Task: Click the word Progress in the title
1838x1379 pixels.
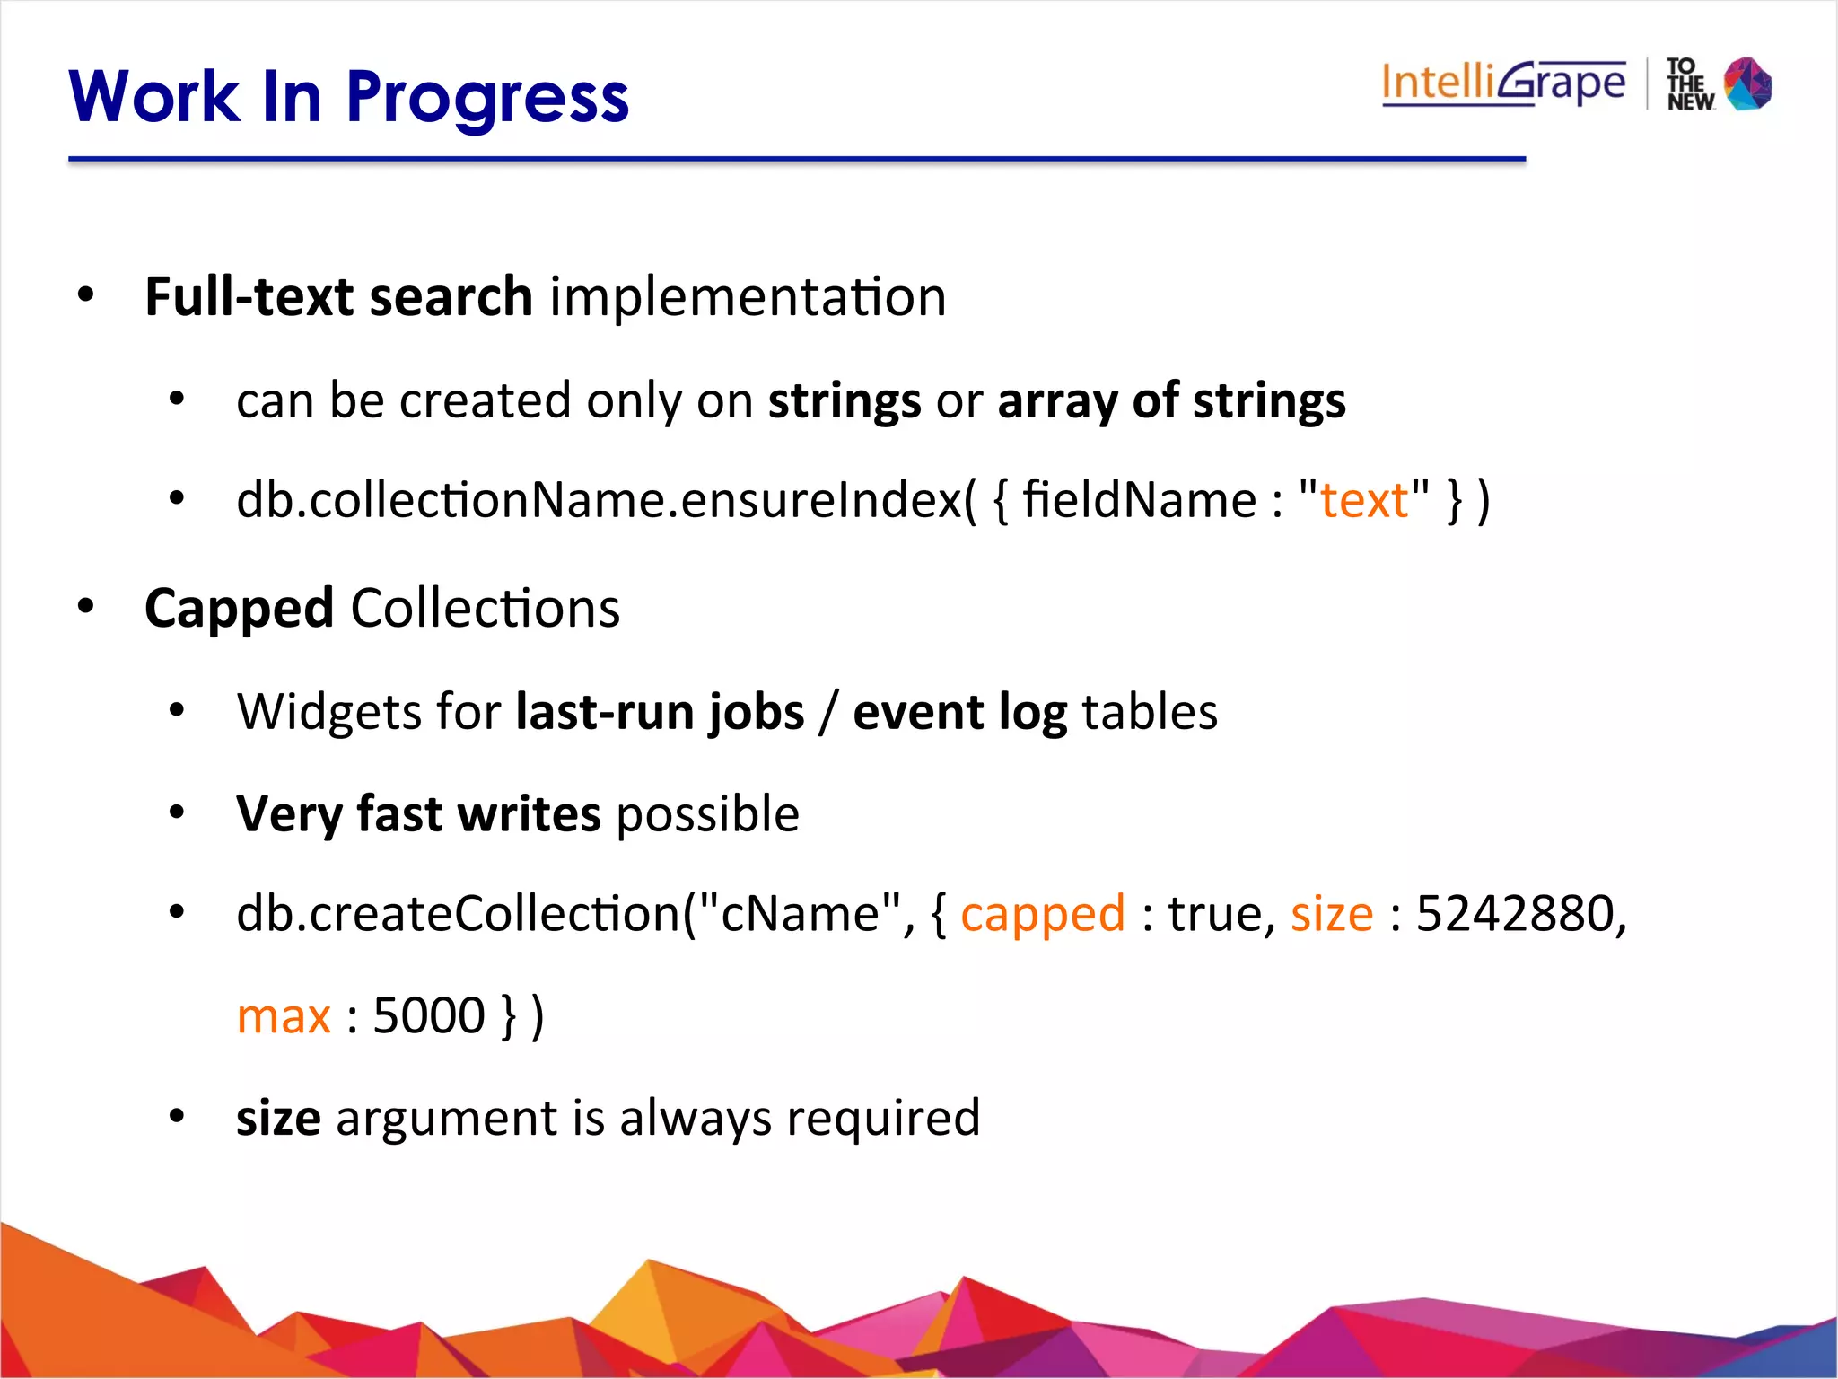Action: point(486,99)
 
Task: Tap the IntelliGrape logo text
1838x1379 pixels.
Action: point(1503,83)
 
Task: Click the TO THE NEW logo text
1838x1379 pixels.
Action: point(1690,84)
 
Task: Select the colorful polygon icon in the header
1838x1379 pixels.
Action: point(1748,83)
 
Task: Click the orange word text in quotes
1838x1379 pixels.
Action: point(1364,500)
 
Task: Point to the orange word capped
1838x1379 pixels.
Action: point(1042,914)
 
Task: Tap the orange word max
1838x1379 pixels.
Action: point(284,1016)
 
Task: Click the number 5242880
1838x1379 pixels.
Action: point(1515,914)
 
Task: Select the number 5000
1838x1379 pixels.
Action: point(428,1016)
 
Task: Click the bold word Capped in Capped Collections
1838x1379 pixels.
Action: point(239,609)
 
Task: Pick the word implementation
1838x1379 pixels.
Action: point(748,297)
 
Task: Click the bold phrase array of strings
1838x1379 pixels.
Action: point(1171,400)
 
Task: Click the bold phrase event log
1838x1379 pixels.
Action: point(959,712)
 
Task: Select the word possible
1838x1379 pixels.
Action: point(707,814)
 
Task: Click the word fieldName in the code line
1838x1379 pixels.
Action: point(1139,500)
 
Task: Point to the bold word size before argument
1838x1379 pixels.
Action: point(278,1119)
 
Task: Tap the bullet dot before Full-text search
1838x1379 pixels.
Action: point(85,294)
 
